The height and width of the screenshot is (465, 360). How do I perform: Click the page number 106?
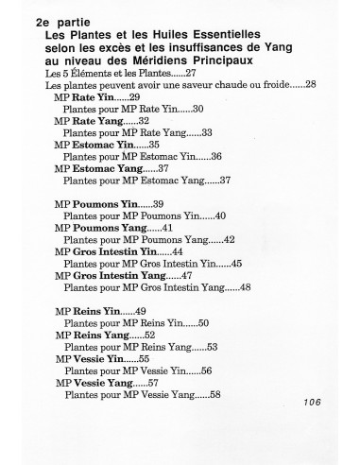pyautogui.click(x=314, y=402)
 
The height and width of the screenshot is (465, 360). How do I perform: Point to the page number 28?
pyautogui.click(x=309, y=86)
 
